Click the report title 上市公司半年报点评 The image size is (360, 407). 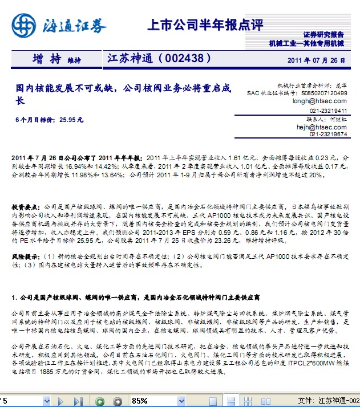click(205, 25)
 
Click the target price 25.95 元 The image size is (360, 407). click(71, 120)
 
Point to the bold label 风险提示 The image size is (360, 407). click(25, 258)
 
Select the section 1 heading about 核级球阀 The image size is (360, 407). click(136, 298)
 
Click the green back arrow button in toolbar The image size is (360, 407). click(100, 401)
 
